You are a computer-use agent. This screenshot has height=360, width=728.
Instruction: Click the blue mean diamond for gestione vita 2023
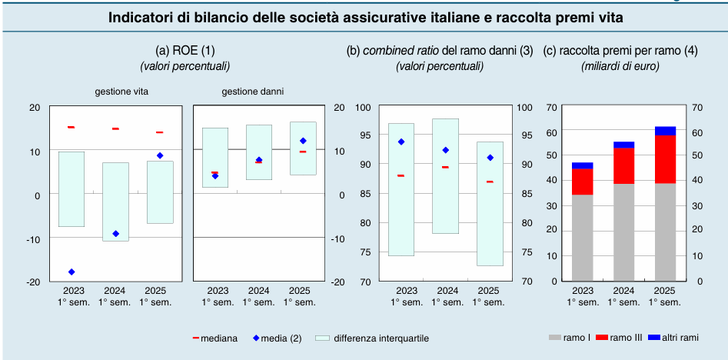71,272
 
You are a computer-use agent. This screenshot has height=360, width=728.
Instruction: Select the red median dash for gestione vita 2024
115,128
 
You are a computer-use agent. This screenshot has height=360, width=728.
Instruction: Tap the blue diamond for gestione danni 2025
303,141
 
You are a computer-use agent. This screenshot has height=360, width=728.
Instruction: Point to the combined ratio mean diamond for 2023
401,142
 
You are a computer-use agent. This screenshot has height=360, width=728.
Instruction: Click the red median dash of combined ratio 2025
490,182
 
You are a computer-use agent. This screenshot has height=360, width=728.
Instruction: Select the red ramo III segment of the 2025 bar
665,158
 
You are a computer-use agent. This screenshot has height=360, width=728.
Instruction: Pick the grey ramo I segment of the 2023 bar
582,238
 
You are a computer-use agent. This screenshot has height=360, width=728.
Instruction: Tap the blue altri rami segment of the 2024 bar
623,145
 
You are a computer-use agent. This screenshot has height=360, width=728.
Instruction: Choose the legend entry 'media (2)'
277,338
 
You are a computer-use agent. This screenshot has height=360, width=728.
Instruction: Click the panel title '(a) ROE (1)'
185,51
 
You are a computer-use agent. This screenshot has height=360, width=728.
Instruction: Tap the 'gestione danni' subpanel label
252,91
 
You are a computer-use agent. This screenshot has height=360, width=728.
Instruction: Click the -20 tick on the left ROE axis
35,282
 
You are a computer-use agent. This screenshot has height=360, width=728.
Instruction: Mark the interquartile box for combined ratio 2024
445,175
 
